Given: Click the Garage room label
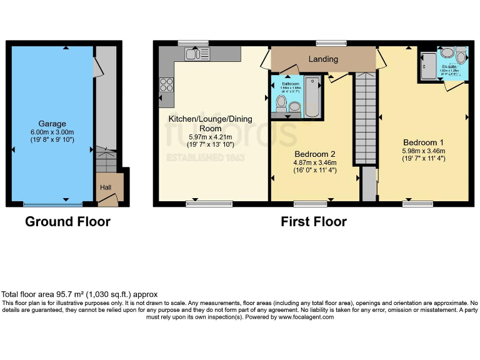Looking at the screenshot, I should (x=51, y=124).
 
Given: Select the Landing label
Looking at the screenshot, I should (x=323, y=59).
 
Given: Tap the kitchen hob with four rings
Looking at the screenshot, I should (x=167, y=84).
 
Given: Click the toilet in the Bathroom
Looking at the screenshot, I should (x=281, y=102).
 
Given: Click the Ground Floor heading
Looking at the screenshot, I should (x=67, y=222).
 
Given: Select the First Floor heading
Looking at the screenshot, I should (x=314, y=222).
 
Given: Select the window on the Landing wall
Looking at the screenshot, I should (x=331, y=42).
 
